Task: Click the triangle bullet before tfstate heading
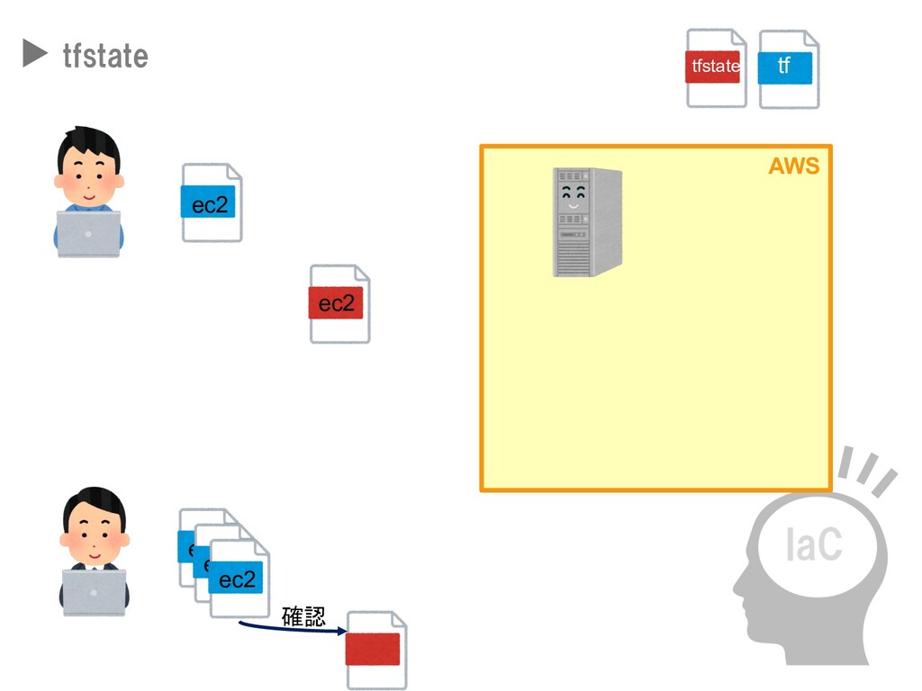pos(34,55)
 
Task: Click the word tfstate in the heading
pos(105,56)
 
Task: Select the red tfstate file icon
pos(715,67)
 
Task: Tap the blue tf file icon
pos(788,68)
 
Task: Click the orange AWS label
pos(793,166)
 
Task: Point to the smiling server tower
pos(587,222)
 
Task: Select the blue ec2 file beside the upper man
pos(212,203)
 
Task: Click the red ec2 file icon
pos(339,304)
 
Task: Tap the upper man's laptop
pos(88,234)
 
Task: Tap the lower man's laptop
pos(94,592)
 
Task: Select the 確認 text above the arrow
pos(303,616)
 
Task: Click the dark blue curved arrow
pos(288,628)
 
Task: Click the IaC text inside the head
pos(813,545)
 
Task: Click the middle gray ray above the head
pos(867,469)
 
